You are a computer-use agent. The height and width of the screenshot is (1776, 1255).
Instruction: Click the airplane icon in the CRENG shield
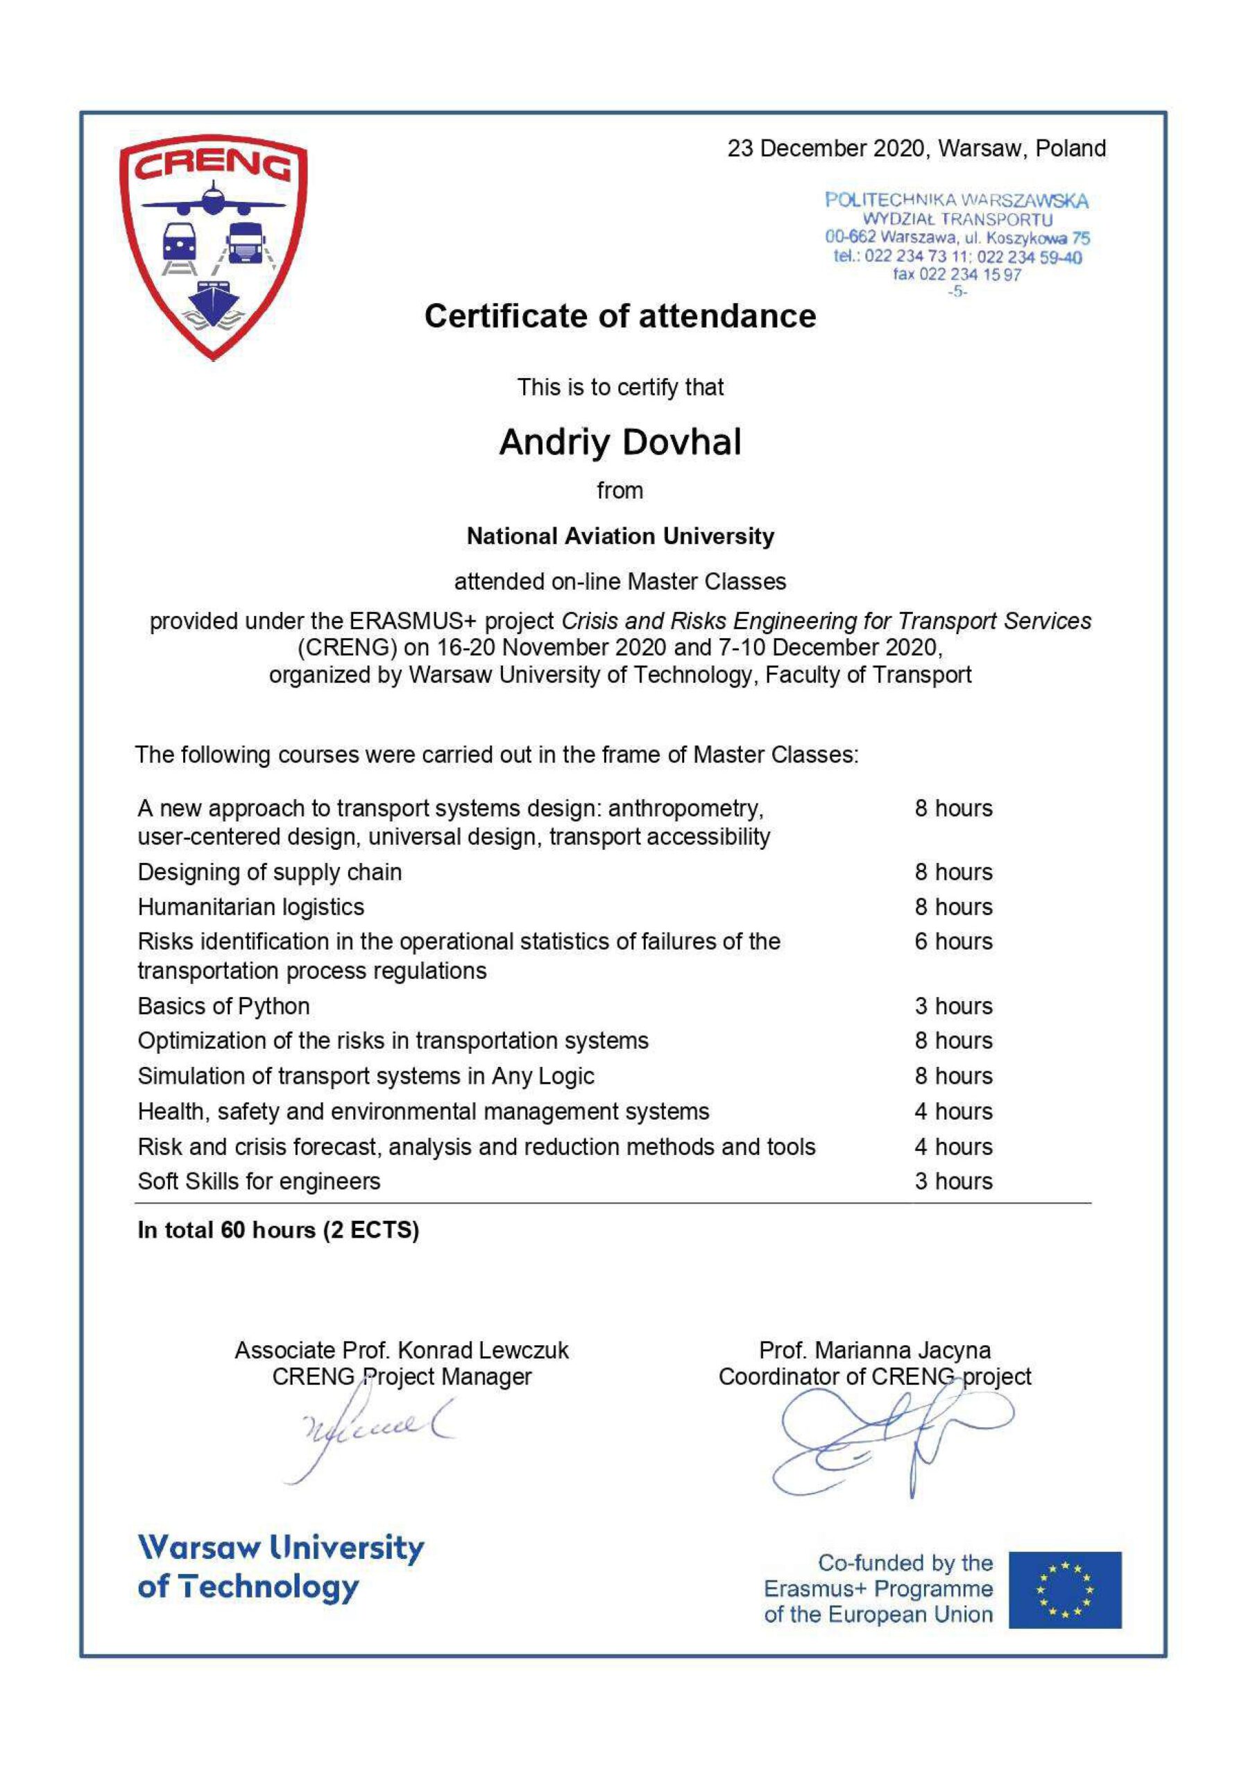click(213, 202)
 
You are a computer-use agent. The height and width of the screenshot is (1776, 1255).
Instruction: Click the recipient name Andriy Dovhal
click(620, 443)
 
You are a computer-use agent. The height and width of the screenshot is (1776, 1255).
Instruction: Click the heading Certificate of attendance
click(620, 316)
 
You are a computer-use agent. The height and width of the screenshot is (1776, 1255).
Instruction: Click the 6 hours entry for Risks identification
click(953, 941)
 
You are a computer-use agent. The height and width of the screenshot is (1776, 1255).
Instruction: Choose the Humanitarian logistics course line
click(250, 907)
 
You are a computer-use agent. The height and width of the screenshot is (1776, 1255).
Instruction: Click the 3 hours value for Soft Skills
click(953, 1181)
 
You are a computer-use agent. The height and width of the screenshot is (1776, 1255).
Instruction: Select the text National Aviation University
click(620, 536)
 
